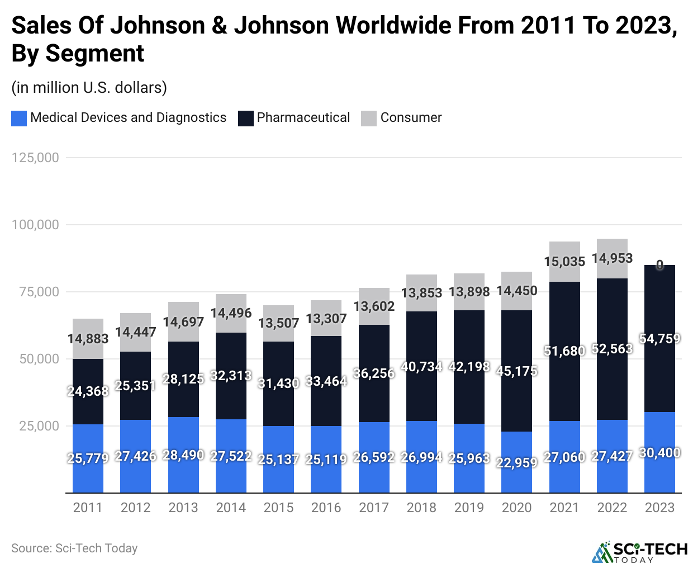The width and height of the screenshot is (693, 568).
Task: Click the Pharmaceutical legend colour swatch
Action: click(246, 118)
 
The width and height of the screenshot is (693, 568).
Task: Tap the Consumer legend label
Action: click(411, 118)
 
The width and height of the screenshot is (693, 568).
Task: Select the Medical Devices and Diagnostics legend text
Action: click(128, 118)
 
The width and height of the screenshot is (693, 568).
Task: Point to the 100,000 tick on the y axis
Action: click(35, 225)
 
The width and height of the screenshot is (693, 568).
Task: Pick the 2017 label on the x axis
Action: click(374, 508)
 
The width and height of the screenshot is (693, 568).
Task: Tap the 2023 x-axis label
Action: click(659, 508)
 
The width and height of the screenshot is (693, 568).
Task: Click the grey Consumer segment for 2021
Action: click(564, 249)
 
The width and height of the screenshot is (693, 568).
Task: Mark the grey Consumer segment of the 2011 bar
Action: click(88, 327)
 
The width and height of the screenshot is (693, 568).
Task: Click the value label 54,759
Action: click(659, 339)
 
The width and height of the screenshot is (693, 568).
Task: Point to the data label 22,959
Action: click(516, 463)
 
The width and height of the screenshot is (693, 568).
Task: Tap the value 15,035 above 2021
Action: click(564, 262)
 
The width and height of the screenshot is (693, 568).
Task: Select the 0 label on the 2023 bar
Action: click(659, 265)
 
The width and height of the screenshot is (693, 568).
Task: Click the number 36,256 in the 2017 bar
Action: click(374, 373)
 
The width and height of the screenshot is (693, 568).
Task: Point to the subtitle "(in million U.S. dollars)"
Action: click(89, 88)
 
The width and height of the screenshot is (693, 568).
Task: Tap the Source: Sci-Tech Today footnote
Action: click(74, 548)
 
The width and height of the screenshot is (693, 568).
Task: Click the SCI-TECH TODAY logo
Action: click(640, 552)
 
